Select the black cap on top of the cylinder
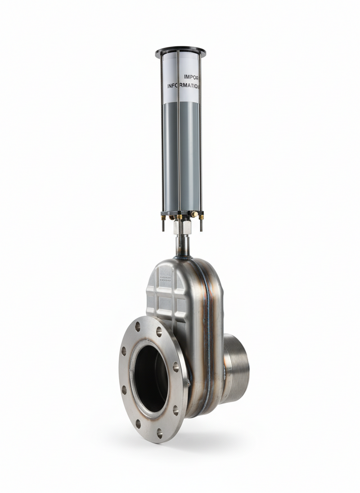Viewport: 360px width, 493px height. click(180, 51)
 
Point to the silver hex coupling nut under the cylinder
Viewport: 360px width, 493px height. click(182, 228)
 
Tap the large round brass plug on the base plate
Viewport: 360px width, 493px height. click(193, 215)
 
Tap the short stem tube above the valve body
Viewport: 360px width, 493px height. click(182, 245)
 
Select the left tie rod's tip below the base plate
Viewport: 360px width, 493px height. click(163, 227)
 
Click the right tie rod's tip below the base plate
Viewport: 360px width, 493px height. click(201, 227)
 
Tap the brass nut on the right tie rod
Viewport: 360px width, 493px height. click(201, 217)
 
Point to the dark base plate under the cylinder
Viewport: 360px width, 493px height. click(180, 212)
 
